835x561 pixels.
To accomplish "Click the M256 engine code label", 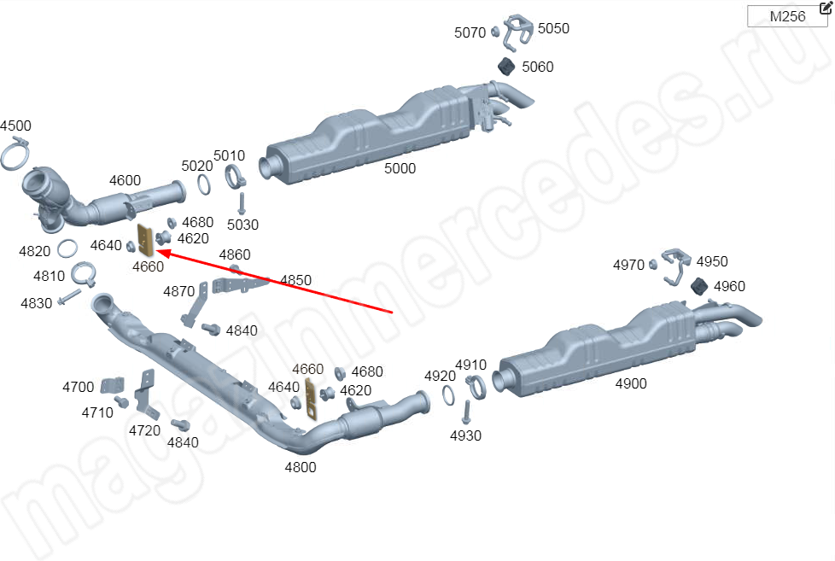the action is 787,16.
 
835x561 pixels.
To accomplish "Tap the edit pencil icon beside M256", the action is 826,7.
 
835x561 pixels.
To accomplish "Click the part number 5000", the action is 400,168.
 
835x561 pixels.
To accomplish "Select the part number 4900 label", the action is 631,383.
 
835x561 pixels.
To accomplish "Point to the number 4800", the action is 301,467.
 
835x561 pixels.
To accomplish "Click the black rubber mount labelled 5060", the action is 506,67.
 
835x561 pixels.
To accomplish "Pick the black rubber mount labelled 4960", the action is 699,285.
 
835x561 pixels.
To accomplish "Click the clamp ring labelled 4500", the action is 15,154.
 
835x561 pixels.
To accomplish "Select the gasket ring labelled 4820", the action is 67,248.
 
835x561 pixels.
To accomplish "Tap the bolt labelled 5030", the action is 242,204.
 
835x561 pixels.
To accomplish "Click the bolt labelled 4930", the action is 467,413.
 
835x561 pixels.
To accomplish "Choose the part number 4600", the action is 126,181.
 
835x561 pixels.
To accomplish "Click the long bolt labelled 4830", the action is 69,297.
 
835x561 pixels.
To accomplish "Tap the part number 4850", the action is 295,280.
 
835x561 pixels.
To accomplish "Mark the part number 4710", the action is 97,412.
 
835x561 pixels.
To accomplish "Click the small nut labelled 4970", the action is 653,264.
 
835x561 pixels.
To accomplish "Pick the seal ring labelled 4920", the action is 448,394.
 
